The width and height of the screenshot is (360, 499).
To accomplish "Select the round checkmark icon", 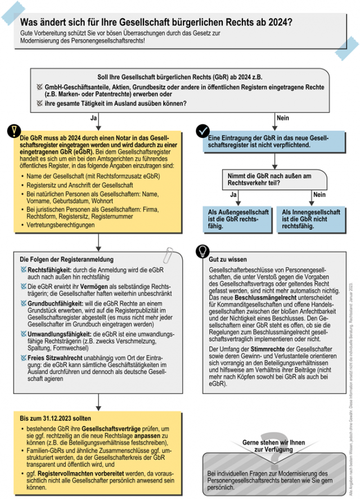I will (x=202, y=131).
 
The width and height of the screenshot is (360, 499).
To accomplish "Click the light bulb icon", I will (x=201, y=251).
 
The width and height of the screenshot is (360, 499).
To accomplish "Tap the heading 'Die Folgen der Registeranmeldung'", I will (x=67, y=260).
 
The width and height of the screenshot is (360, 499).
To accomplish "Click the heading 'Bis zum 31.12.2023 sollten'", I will (x=55, y=419).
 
